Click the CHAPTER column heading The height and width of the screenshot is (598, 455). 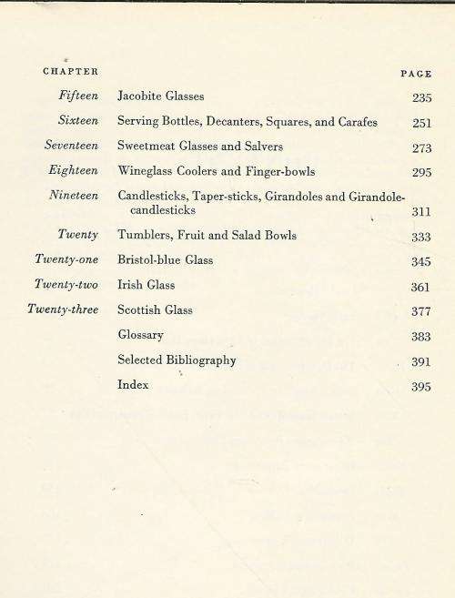[x=71, y=71]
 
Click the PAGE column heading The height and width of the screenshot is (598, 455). [x=416, y=74]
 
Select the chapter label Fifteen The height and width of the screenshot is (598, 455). [x=78, y=96]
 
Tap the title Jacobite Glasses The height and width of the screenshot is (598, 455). [x=161, y=96]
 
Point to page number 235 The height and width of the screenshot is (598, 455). [x=421, y=97]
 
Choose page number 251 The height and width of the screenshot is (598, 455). [x=421, y=123]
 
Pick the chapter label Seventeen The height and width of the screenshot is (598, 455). [x=72, y=146]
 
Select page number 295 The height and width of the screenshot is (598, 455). [x=421, y=172]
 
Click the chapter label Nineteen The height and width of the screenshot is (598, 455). [x=75, y=195]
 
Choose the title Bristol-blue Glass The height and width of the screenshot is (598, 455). [x=165, y=260]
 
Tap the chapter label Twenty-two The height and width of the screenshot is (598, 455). [x=67, y=285]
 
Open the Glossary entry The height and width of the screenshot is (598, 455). [x=141, y=335]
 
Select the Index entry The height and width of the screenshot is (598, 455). [x=133, y=385]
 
